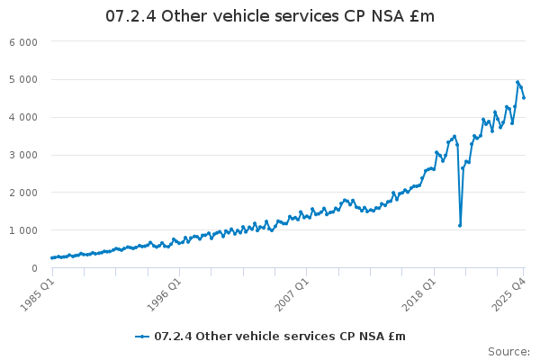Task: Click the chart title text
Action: [x=270, y=15]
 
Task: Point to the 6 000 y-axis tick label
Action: [x=23, y=42]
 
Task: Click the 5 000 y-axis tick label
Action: [x=23, y=80]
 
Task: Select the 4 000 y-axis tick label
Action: [x=23, y=118]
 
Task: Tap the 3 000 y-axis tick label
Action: [x=23, y=156]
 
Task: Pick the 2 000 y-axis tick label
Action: [x=23, y=193]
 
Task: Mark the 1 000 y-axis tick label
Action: [x=23, y=231]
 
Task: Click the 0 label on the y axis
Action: [x=34, y=268]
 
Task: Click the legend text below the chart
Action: [x=280, y=337]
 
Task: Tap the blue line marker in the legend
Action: [x=142, y=337]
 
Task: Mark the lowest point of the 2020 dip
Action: [x=460, y=226]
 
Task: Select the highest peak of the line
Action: [x=517, y=82]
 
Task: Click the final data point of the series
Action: [x=524, y=98]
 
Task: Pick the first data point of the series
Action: [x=52, y=258]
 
